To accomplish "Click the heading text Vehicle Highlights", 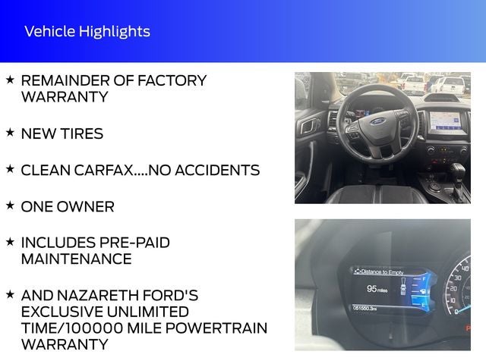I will pyautogui.click(x=87, y=32).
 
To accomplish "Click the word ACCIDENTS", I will pyautogui.click(x=216, y=170).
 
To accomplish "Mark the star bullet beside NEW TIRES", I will pyautogui.click(x=10, y=132).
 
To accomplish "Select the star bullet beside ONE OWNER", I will pyautogui.click(x=10, y=205).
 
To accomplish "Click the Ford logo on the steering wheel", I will pyautogui.click(x=378, y=121).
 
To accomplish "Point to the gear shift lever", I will pyautogui.click(x=458, y=171).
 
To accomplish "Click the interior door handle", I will pyautogui.click(x=308, y=127).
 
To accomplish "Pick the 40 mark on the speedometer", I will pyautogui.click(x=465, y=268).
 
